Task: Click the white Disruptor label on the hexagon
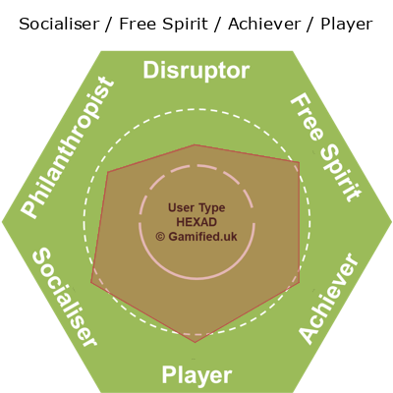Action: (x=196, y=71)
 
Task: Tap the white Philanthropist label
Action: (x=68, y=147)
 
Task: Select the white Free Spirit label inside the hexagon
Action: (x=326, y=147)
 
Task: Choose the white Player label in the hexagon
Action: (x=196, y=375)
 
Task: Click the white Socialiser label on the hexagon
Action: (x=65, y=297)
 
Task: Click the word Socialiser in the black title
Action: (x=59, y=25)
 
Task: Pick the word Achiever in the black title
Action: (x=264, y=25)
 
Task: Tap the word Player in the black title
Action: (x=347, y=25)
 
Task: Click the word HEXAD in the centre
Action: (x=196, y=222)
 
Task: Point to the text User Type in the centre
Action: (x=196, y=208)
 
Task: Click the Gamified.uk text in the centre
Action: (x=202, y=237)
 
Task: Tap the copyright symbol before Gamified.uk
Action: (x=160, y=237)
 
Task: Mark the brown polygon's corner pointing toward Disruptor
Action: (x=196, y=144)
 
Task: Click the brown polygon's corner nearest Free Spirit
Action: (x=299, y=162)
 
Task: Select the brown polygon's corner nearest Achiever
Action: (x=300, y=282)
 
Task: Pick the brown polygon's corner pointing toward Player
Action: (x=196, y=343)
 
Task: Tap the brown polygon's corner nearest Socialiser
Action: (x=91, y=282)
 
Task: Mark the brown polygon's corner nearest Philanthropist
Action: (x=108, y=171)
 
